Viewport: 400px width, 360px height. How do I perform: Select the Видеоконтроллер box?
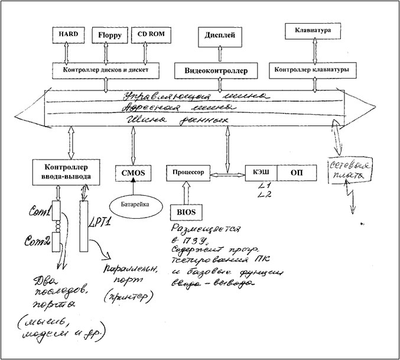(219, 70)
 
